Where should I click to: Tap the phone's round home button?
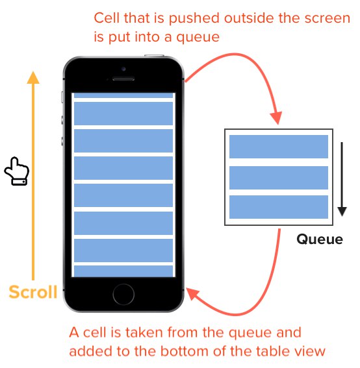pos(123,295)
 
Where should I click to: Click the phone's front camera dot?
pos(123,69)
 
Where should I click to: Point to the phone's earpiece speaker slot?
pos(123,79)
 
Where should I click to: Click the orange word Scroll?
pos(33,291)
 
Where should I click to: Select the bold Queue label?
pos(320,240)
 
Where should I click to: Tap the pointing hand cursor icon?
pos(17,171)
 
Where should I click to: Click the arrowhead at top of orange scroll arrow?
pos(33,77)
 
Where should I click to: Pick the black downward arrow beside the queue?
pos(342,179)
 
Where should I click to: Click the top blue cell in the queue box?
pos(279,147)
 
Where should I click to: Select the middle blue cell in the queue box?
pos(279,178)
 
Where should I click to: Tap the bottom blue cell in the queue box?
pos(279,207)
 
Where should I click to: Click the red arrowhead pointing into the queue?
pos(277,118)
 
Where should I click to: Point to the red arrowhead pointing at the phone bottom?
pos(192,293)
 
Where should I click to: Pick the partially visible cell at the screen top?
pos(123,95)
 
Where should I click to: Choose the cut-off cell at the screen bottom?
pos(123,271)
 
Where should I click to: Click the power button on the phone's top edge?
pos(154,56)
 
